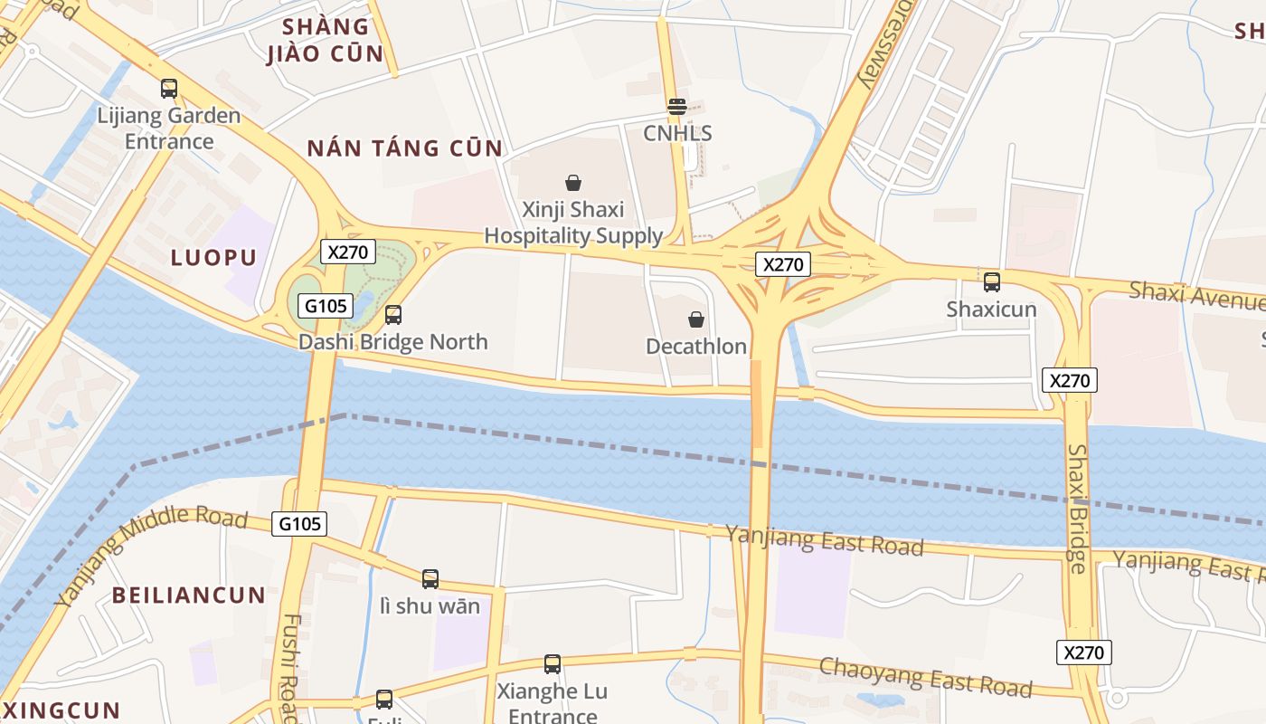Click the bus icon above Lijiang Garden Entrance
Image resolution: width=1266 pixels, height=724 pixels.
[x=169, y=89]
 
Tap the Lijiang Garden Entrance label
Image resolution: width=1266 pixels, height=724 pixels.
[x=169, y=129]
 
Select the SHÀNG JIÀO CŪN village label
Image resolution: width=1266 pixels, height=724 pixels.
[x=326, y=40]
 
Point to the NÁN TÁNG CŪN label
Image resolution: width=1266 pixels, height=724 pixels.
[x=404, y=148]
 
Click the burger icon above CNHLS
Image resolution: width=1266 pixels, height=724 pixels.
[x=676, y=107]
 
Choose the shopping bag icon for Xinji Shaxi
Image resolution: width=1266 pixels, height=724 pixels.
[x=572, y=183]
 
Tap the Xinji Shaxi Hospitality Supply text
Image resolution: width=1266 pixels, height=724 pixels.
[x=573, y=223]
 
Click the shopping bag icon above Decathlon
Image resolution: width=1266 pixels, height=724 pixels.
[x=696, y=319]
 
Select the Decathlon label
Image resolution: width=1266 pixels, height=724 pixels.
[x=696, y=346]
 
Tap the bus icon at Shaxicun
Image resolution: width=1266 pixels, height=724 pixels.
[x=991, y=281]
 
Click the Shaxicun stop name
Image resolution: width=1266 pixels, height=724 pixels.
[x=991, y=309]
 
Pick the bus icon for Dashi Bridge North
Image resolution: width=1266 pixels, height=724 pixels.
[x=393, y=315]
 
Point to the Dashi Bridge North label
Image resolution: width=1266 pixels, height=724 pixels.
[x=393, y=342]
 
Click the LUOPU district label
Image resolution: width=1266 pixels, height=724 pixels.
[x=214, y=257]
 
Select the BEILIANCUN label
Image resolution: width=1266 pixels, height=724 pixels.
[x=189, y=595]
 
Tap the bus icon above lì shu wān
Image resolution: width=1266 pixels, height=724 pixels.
[x=430, y=578]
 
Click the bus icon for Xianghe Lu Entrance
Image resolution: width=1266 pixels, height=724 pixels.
[x=553, y=664]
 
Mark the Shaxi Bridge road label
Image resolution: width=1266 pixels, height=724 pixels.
[x=1076, y=509]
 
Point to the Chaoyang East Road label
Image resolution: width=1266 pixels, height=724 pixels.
[x=925, y=677]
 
